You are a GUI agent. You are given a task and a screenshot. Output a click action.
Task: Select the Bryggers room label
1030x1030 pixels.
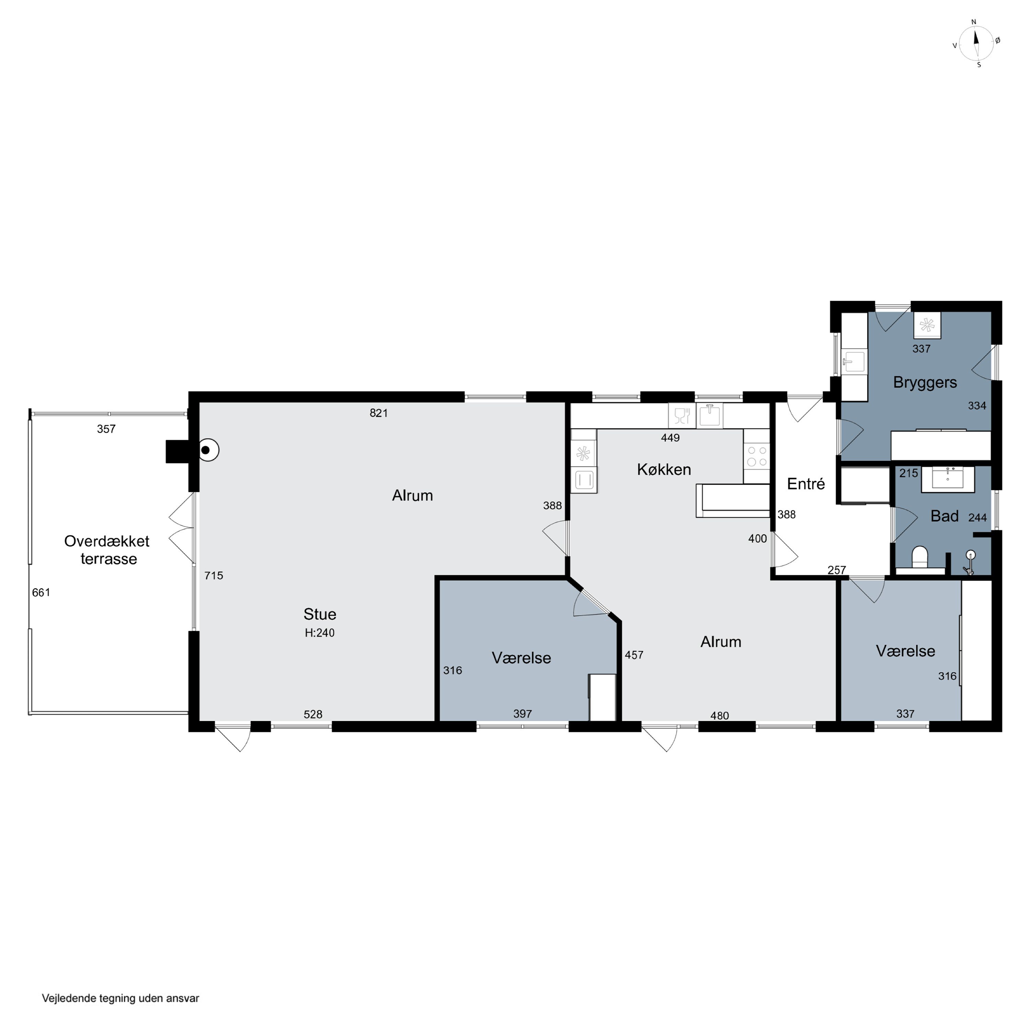925,383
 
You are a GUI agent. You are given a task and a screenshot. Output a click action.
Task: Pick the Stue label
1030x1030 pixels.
320,614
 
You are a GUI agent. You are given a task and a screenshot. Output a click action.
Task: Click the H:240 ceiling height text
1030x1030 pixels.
320,633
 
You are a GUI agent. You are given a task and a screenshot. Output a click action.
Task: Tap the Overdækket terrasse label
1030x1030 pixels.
107,550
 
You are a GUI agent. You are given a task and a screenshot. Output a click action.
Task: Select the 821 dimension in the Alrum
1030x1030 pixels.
378,413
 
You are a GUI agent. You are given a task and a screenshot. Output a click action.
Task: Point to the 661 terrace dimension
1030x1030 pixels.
41,592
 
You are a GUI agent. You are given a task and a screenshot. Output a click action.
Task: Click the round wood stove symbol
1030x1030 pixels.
208,450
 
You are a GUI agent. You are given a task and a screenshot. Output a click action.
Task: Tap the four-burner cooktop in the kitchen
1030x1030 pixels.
756,456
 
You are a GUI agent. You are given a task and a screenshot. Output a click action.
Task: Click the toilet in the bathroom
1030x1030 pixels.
920,557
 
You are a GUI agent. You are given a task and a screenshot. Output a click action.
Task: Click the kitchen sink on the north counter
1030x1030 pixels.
709,416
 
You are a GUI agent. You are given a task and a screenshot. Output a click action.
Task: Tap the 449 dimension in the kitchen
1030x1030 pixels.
670,438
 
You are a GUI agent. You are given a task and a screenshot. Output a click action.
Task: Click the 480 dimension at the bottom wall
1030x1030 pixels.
719,716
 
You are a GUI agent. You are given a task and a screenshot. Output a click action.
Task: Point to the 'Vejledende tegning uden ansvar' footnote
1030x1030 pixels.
121,998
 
